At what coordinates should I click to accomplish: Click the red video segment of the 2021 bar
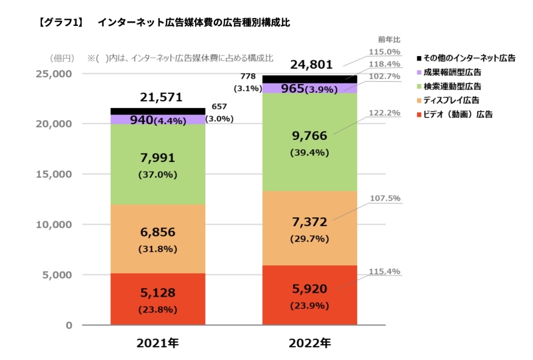click(x=158, y=299)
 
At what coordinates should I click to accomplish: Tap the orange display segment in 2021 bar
click(x=158, y=238)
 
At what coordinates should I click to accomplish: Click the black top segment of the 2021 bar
click(x=158, y=111)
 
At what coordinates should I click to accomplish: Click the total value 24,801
click(x=310, y=65)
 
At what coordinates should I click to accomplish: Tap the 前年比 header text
click(x=388, y=40)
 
